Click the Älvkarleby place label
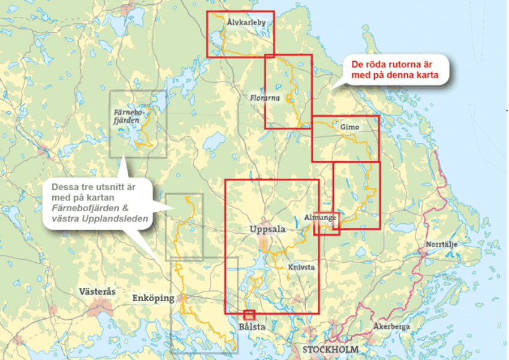246,22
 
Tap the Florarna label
265,97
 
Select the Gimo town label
349,128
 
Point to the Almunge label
320,218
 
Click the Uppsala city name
267,229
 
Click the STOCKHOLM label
330,349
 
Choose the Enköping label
153,298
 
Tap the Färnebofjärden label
127,116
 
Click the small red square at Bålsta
249,314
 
